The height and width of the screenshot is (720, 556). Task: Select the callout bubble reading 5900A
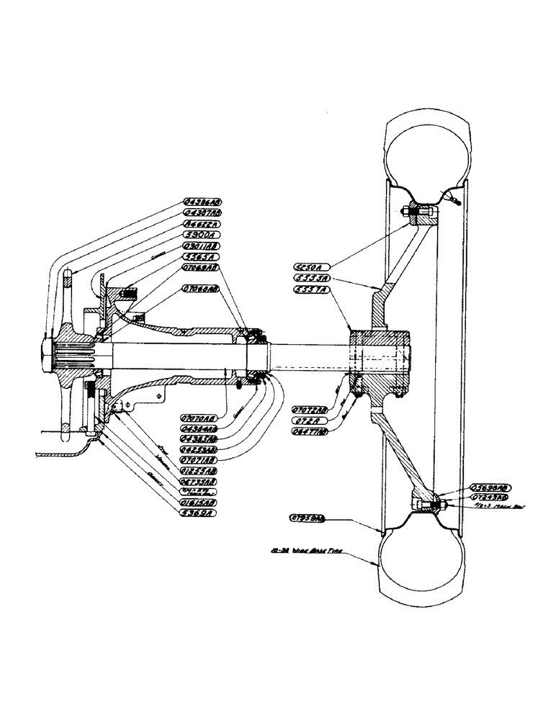click(199, 234)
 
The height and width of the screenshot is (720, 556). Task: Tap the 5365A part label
click(199, 256)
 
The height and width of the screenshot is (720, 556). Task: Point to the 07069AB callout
click(199, 267)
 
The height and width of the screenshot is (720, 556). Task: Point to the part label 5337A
click(313, 288)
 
